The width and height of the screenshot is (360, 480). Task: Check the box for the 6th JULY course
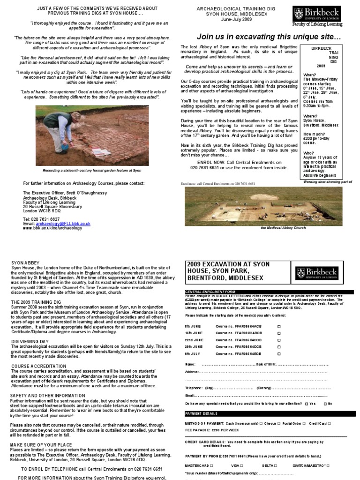[279, 353]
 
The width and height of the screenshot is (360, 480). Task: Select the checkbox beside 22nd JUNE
[279, 339]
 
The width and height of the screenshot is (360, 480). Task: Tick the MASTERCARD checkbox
[211, 465]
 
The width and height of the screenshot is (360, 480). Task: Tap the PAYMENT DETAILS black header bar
[202, 414]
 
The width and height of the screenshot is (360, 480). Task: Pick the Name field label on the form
[190, 364]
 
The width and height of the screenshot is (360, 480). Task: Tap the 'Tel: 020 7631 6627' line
[42, 219]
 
